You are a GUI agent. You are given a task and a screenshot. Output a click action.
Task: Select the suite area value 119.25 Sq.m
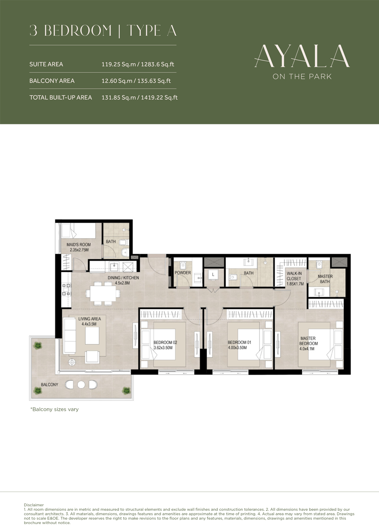pos(119,64)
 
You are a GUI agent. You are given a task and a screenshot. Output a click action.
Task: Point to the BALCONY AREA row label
pos(52,81)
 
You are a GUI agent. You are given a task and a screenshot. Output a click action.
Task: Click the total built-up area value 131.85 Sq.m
pos(119,98)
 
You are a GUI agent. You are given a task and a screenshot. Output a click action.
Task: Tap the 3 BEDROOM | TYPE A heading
pos(103,31)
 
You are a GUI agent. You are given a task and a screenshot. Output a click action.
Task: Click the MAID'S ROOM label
pos(79,245)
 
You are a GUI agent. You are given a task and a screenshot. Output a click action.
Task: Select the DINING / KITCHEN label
pos(123,278)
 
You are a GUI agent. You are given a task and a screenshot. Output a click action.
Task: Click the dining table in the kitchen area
pos(101,293)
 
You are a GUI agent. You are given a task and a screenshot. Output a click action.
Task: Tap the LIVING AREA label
pos(90,319)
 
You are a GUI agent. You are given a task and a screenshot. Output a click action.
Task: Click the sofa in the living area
pos(70,335)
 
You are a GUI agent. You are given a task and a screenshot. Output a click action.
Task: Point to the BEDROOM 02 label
pos(165,343)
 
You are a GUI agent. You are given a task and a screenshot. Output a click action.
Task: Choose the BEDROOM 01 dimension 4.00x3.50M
pos(237,347)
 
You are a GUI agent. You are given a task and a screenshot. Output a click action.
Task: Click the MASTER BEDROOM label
pos(308,341)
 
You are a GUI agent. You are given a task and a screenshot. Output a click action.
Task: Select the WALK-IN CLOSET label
pos(294,278)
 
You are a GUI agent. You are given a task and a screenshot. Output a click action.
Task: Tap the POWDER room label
pos(183,273)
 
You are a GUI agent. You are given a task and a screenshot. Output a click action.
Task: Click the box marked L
pos(213,275)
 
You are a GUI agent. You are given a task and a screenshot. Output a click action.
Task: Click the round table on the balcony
pos(81,385)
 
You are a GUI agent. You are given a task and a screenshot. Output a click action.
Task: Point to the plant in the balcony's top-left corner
pos(38,345)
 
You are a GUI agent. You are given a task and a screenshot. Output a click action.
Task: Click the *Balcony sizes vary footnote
pos(54,409)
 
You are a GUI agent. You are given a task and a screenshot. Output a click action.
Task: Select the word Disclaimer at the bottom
pos(34,505)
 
